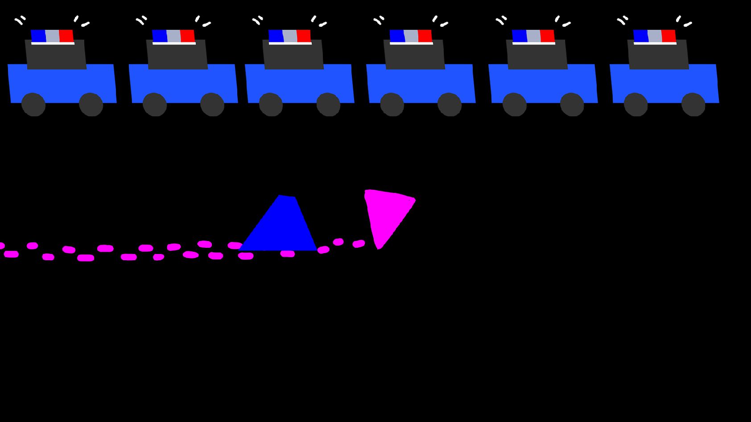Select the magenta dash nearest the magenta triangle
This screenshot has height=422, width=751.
pos(359,244)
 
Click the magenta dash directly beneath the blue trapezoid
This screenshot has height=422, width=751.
pos(287,254)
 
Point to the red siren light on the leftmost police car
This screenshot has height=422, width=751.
pos(66,36)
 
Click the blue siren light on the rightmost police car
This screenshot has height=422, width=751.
pos(640,36)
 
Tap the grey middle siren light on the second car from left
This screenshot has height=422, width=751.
pos(173,36)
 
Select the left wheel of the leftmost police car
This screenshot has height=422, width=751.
pos(33,105)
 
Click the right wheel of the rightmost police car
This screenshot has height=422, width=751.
pos(693,105)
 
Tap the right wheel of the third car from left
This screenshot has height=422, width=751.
pos(328,105)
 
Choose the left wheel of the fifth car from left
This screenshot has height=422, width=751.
pos(515,105)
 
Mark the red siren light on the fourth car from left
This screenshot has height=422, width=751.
pos(425,36)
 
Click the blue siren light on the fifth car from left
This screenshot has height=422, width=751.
pos(519,36)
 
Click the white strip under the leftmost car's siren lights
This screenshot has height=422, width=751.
pos(53,43)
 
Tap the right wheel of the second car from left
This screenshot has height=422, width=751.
pos(212,105)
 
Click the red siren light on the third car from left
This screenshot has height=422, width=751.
pos(304,36)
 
